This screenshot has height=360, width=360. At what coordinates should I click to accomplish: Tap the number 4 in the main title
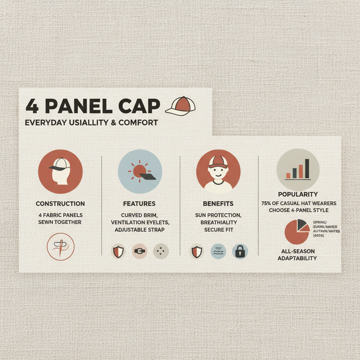coord(32,107)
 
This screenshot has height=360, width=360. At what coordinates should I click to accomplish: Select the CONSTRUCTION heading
coord(60,204)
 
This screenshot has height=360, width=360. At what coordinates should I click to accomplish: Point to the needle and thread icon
coord(60,247)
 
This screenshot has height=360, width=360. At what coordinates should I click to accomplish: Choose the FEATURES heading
coord(139,204)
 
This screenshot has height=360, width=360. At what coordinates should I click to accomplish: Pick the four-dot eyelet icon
coord(161,251)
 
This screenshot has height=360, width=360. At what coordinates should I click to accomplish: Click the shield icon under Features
coord(118,251)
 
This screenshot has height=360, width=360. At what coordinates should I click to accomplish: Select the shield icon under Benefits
coord(197,251)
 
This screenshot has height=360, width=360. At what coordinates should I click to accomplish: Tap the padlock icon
coord(240,251)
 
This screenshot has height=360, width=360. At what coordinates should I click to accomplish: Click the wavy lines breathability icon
coord(218,251)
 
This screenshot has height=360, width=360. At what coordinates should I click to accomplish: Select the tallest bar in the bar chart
coord(307,168)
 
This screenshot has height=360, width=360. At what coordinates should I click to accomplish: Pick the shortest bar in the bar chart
coord(288,175)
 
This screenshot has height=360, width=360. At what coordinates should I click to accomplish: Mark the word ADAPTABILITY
coord(297,258)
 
